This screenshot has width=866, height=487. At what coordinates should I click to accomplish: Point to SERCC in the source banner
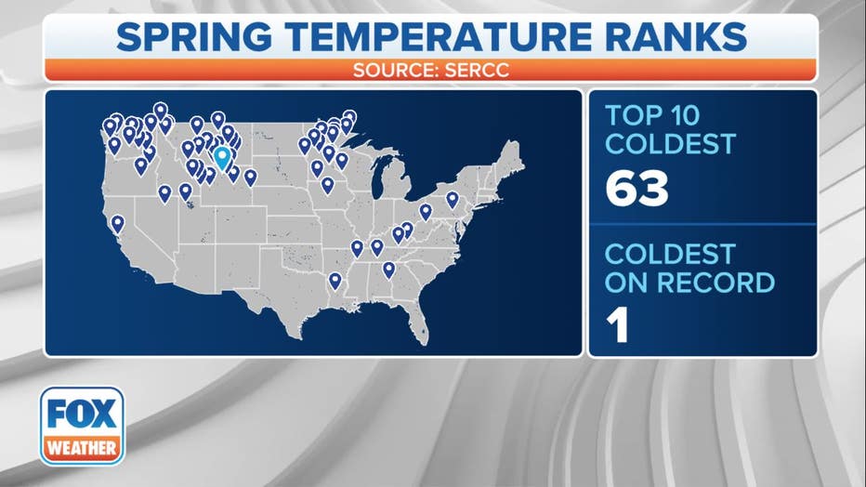coord(477,70)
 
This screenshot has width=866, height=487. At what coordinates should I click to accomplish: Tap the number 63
coord(636,189)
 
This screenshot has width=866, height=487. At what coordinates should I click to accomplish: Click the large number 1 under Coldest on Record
coord(618,326)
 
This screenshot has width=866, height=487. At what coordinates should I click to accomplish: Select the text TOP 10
coord(652,115)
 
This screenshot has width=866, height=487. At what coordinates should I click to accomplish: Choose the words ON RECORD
coord(689,283)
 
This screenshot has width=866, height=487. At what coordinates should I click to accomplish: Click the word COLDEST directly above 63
coord(671,143)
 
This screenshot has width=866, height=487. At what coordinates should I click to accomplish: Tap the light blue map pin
coord(222,157)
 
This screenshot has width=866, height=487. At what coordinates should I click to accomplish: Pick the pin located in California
coord(118,224)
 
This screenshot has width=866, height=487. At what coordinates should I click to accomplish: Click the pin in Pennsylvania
coord(453,199)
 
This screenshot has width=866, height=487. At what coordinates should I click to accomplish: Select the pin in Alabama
coord(388,270)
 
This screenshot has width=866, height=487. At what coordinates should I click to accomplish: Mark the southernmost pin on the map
coord(335,281)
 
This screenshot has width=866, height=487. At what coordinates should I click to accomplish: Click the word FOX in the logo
coord(82,414)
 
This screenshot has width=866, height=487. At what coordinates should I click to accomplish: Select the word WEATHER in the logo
coord(82,447)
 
